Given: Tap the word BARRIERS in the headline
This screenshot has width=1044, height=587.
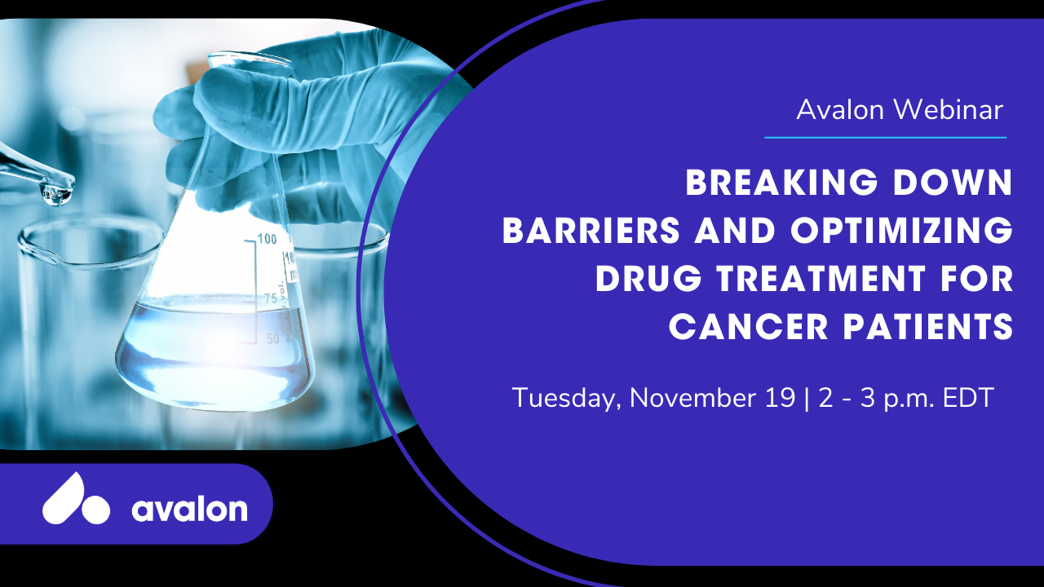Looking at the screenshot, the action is (x=591, y=230).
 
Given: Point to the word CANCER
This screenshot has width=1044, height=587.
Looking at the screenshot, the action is (x=749, y=327).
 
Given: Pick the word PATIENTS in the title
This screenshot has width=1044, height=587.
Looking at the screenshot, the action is (x=928, y=327).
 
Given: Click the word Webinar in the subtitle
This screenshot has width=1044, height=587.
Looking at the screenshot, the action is (x=948, y=110).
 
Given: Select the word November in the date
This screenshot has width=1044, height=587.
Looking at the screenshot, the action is (x=692, y=398).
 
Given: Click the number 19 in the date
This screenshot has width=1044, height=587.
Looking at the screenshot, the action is (x=781, y=398).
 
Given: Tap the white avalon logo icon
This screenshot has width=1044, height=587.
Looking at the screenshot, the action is (x=77, y=500).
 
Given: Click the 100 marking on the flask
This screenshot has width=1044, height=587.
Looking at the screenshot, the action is (x=267, y=239).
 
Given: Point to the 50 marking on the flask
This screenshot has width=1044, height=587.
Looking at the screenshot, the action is (x=273, y=338).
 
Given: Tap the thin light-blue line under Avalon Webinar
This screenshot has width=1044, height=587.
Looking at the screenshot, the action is (x=886, y=138).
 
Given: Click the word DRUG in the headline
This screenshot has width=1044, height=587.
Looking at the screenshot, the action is (x=648, y=279).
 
